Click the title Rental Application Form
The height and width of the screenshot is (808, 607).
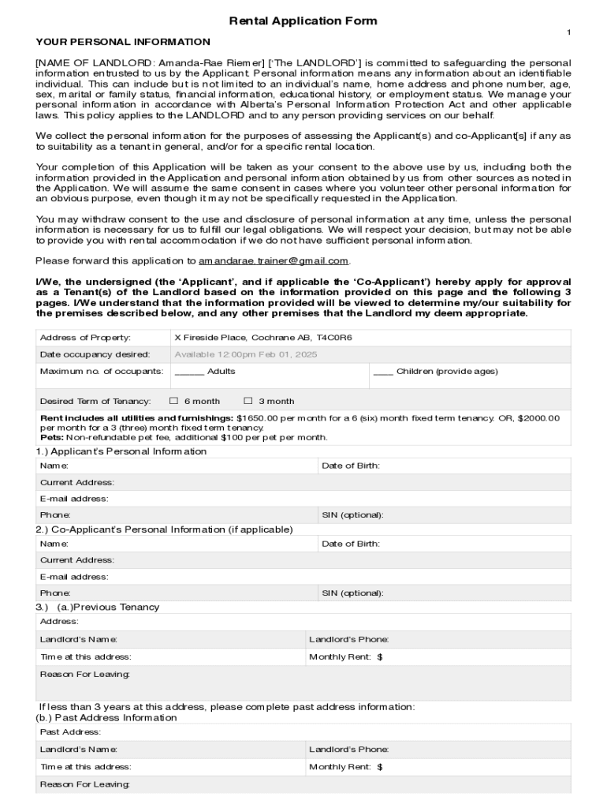point(303,21)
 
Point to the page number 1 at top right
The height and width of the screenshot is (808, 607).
point(568,32)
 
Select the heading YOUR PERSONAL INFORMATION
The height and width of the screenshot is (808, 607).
point(123,42)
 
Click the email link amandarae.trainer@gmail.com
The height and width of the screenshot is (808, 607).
point(273,260)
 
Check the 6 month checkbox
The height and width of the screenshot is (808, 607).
point(175,401)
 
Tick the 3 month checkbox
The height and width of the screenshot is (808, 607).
point(248,401)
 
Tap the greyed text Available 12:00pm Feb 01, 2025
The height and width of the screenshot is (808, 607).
point(245,354)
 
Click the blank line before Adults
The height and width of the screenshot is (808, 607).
point(189,372)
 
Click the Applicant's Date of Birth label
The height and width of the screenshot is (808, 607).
point(350,466)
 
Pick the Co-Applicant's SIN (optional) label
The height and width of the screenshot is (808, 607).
point(352,593)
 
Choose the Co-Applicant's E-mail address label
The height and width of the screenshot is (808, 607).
point(74,577)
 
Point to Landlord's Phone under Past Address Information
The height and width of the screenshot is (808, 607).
point(348,750)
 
